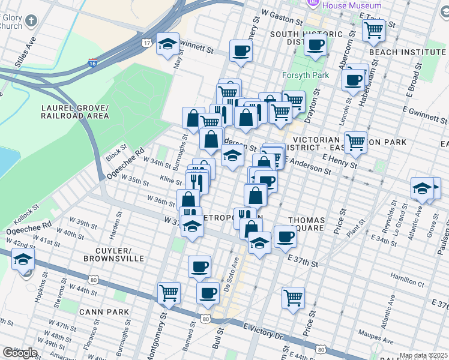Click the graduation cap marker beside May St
pyautogui.click(x=167, y=43)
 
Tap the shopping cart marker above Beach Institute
pyautogui.click(x=374, y=29)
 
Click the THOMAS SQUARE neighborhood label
pyautogui.click(x=306, y=224)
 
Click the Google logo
pyautogui.click(x=20, y=353)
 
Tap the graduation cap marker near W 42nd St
pyautogui.click(x=23, y=260)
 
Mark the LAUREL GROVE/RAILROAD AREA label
pyautogui.click(x=75, y=112)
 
